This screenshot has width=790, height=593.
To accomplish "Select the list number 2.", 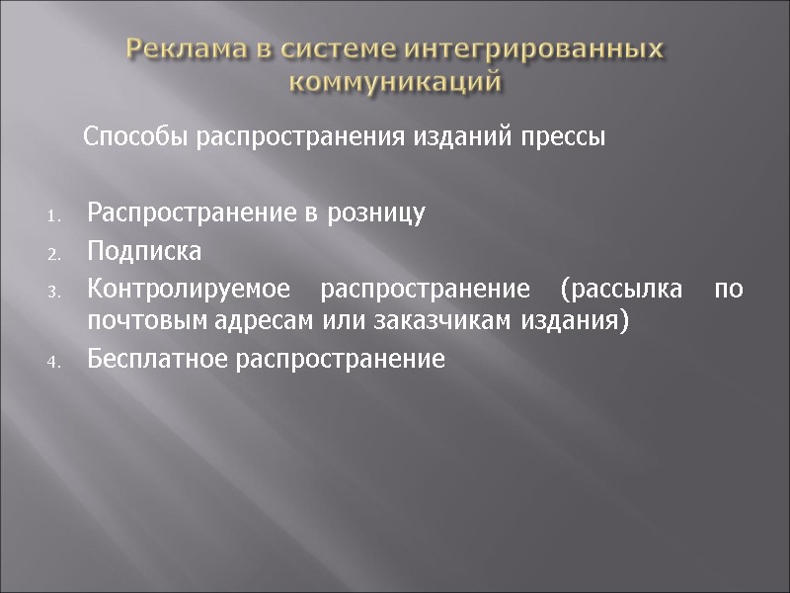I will [53, 254].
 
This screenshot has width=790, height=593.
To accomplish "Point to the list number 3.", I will [53, 292].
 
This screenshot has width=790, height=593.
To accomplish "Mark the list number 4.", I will [53, 362].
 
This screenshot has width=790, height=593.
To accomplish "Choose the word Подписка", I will [144, 251].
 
